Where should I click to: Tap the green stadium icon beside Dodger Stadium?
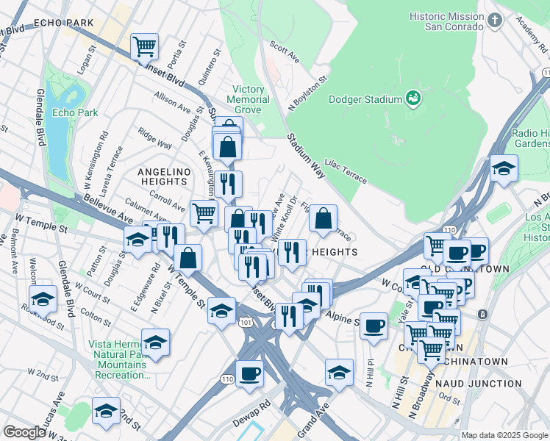click(x=413, y=98)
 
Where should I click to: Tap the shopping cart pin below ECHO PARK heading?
click(x=145, y=46)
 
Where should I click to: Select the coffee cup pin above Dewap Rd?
click(x=249, y=373)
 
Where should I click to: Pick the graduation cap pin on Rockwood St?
click(x=43, y=298)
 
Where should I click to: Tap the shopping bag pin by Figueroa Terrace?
click(x=323, y=218)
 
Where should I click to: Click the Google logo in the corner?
click(x=24, y=432)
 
